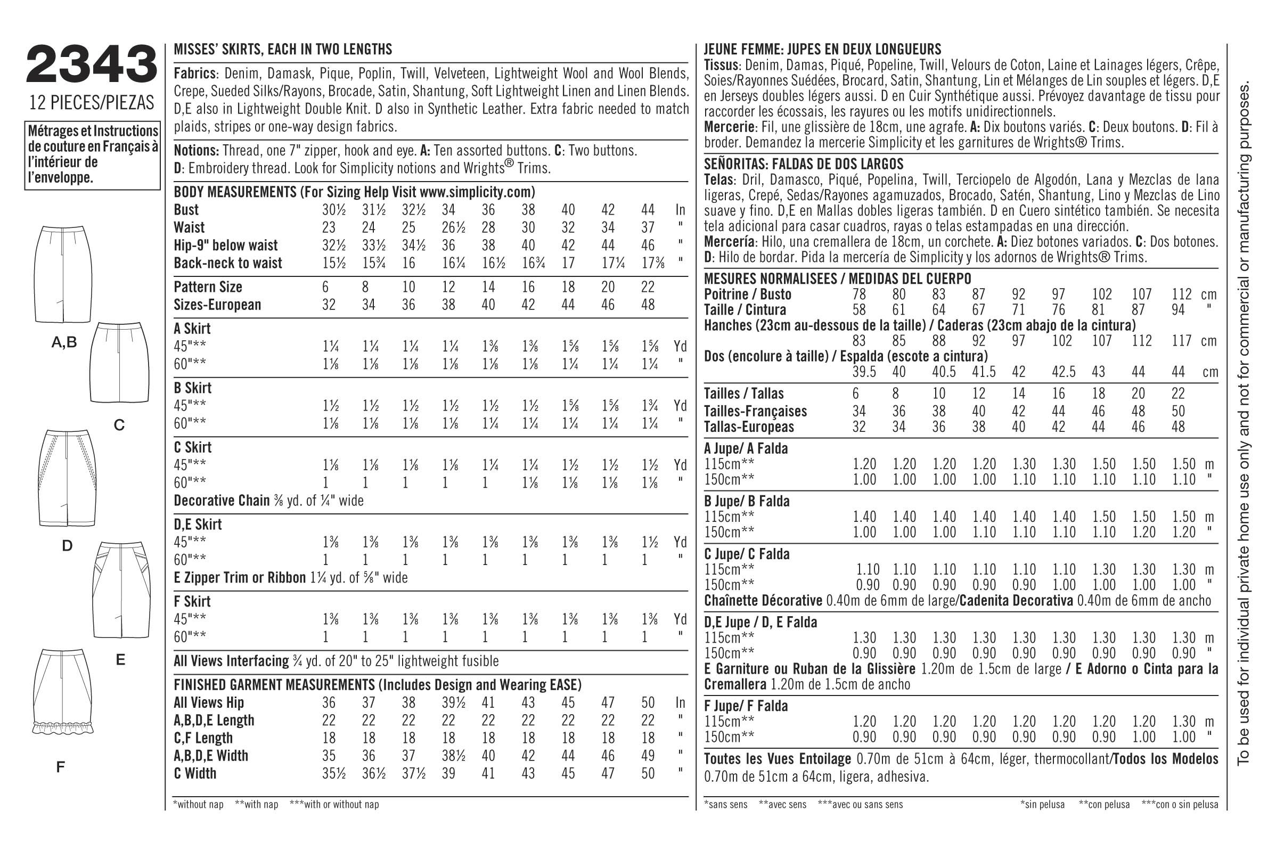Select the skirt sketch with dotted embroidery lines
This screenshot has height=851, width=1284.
click(67, 478)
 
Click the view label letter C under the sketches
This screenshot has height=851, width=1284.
click(119, 425)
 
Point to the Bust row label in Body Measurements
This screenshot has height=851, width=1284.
click(186, 210)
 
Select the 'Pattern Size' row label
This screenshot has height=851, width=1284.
click(208, 287)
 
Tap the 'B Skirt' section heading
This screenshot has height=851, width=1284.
click(193, 388)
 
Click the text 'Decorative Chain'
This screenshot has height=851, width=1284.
click(222, 501)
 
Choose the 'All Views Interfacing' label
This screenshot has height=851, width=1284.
click(231, 661)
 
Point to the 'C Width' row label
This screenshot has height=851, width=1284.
click(195, 773)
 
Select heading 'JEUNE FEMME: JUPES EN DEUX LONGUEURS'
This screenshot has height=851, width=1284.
click(822, 50)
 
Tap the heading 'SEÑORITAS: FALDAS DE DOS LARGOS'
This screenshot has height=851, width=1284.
click(803, 164)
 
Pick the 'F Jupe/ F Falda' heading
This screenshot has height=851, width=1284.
click(746, 706)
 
